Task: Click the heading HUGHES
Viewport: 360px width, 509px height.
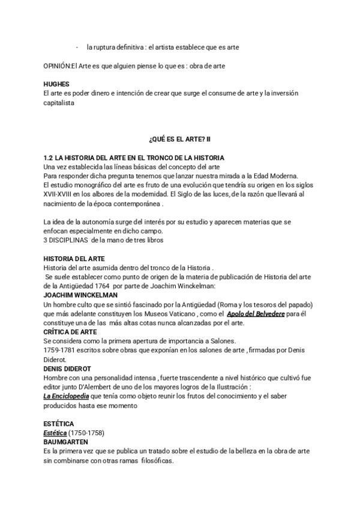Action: point(57,85)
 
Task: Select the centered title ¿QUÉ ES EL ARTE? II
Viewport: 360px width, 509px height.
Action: point(180,140)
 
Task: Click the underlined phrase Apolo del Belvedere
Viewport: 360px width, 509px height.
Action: point(259,314)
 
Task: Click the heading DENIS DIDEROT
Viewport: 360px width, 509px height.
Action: point(66,369)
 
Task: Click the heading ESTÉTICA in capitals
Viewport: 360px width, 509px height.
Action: point(59,424)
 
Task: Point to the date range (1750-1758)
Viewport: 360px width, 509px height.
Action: point(88,432)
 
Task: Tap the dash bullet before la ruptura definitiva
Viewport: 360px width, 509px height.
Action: point(78,47)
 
